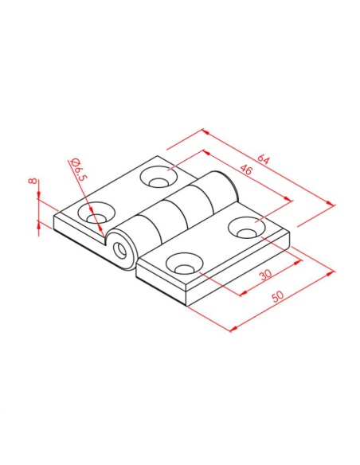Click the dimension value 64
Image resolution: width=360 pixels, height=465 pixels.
click(263, 159)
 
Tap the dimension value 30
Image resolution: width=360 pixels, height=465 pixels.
click(265, 275)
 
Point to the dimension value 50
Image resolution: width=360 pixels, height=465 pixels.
click(277, 296)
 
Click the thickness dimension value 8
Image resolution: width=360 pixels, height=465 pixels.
click(33, 181)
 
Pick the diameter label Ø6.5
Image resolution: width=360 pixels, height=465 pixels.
click(79, 169)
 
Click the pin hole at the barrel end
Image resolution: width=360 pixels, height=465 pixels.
click(119, 250)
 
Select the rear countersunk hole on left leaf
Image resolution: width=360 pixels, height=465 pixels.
click(158, 177)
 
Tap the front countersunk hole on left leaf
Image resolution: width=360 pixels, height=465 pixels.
click(96, 213)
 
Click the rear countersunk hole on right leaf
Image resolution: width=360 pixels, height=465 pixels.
click(247, 228)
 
